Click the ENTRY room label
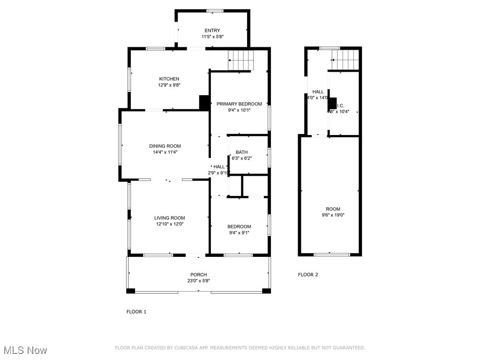[212, 30]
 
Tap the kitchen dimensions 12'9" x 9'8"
[169, 85]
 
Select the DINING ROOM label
[165, 146]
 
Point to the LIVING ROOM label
[169, 217]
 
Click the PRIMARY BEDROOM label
[239, 104]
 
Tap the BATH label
[241, 152]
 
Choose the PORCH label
[198, 275]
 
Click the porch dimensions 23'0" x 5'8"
[198, 281]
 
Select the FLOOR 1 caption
[136, 312]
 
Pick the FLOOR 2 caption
[308, 275]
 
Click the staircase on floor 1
[241, 60]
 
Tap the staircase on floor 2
[345, 60]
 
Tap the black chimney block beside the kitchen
[204, 103]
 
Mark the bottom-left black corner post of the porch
[131, 291]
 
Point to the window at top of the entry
[215, 11]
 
